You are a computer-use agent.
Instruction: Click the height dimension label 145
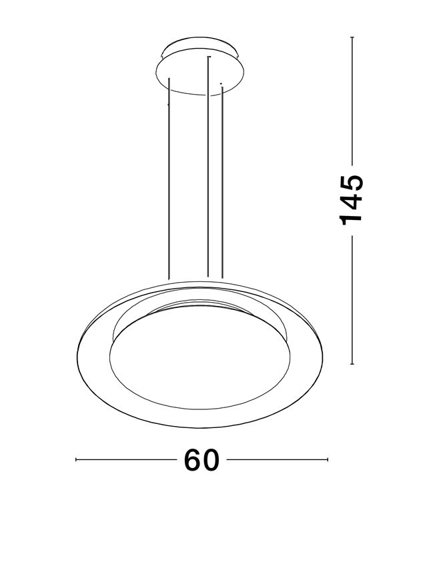tap(352, 200)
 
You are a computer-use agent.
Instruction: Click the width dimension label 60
tap(201, 461)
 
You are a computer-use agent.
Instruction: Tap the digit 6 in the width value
tap(192, 461)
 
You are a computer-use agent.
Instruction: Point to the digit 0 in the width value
tap(211, 461)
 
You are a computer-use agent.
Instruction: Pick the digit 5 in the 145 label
tap(352, 182)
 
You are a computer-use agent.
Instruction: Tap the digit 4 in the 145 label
tap(352, 200)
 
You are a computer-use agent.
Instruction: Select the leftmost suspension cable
tap(169, 180)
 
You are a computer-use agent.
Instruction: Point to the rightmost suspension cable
tap(221, 180)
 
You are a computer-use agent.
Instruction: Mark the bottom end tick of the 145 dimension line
tap(352, 364)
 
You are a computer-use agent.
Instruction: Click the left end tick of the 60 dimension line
tap(77, 460)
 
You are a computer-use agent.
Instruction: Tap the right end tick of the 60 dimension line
tap(328, 460)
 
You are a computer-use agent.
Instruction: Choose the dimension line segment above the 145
tap(352, 100)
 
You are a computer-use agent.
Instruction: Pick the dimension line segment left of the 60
tap(127, 460)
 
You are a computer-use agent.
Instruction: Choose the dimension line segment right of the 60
tap(277, 460)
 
